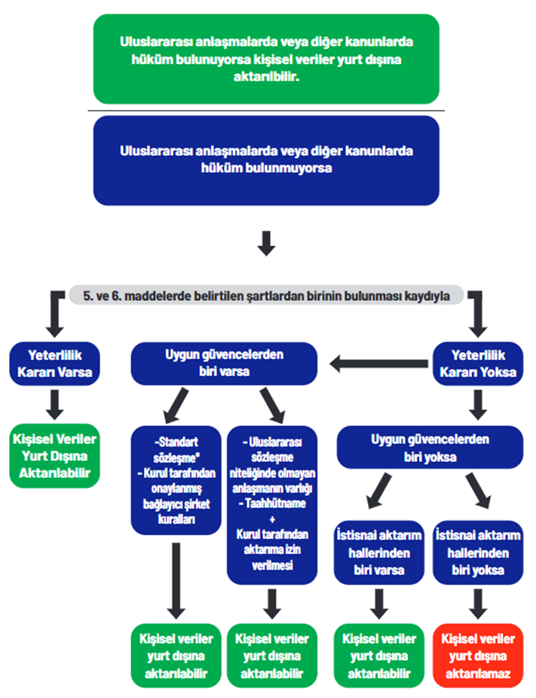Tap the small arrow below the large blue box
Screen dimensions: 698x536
pos(267,243)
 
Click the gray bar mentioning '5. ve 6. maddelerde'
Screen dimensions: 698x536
pos(266,296)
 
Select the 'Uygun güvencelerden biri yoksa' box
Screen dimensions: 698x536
pos(429,447)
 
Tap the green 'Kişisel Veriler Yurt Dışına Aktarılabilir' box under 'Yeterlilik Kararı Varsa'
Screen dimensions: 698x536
pos(54,455)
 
